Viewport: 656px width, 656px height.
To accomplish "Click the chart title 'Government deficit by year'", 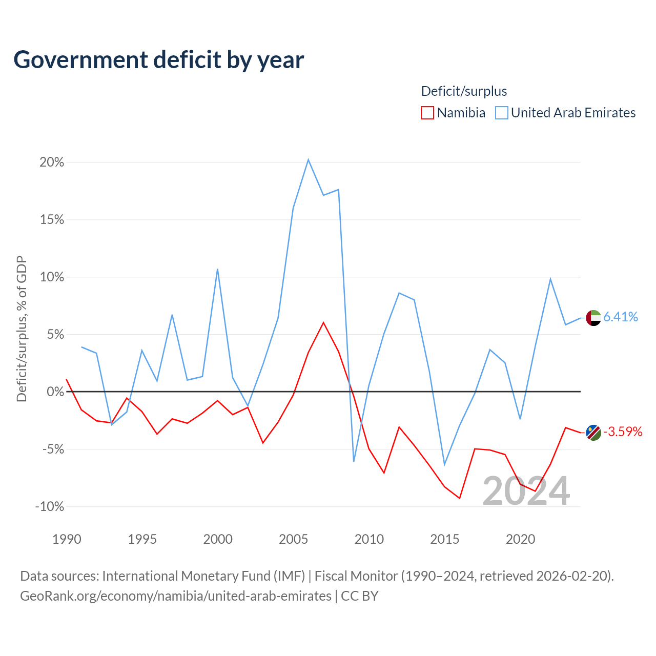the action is pos(158,60).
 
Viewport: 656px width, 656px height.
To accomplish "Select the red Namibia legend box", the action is pos(427,113).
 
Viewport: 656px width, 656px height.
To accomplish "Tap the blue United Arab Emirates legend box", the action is pos(501,113).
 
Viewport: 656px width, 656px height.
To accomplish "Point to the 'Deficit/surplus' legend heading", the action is pos(464,91).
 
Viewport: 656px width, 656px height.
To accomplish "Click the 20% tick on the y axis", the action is pos(52,162).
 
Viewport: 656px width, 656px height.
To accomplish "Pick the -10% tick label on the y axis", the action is pos(50,506).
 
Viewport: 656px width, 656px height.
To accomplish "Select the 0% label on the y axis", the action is pos(55,392).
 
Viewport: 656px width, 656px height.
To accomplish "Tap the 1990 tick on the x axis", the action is pos(67,539).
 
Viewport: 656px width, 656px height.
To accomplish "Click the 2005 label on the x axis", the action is pos(294,539).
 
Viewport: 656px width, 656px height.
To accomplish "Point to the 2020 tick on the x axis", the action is pos(521,539).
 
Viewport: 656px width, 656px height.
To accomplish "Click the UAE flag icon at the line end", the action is pos(593,318).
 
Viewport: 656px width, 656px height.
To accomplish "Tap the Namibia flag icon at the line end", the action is pos(593,433).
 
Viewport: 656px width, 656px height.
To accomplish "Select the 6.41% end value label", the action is pos(621,317).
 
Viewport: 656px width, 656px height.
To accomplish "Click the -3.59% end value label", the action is pos(623,432).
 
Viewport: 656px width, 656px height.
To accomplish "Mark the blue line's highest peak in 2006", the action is pos(309,159).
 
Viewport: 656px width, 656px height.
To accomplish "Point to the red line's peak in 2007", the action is pos(323,322).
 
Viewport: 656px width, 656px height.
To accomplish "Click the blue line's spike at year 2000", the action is pos(217,269).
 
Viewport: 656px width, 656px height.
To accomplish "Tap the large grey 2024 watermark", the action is pos(526,491).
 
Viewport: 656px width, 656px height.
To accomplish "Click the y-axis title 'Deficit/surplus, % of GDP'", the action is pos(22,329).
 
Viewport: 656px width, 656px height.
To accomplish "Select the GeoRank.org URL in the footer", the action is pos(176,596).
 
